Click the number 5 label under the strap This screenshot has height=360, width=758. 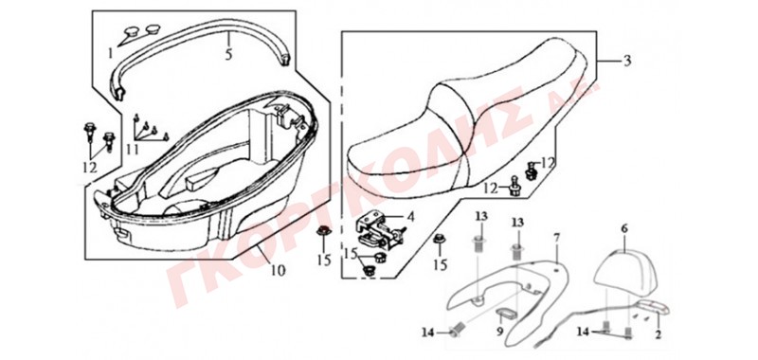[228, 54]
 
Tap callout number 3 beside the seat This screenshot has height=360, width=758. [627, 61]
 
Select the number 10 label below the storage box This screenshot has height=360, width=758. [278, 270]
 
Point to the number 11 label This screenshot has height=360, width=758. [133, 150]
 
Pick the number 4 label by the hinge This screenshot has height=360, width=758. [410, 217]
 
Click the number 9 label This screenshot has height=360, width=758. [501, 332]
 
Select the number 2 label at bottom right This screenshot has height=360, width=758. [658, 333]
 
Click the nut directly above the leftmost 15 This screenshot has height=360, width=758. [322, 230]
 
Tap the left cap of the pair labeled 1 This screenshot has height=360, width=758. [131, 32]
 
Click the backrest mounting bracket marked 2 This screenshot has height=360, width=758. [653, 307]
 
